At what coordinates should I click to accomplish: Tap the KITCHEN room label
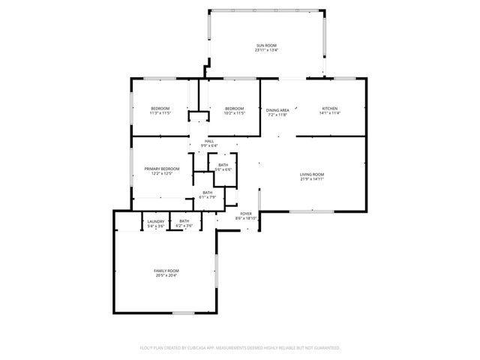tap(330, 109)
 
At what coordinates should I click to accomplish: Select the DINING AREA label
tap(277, 109)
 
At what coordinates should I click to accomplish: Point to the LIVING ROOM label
tap(312, 174)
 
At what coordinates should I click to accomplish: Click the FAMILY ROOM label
tap(166, 270)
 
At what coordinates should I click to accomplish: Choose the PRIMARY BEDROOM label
tap(159, 169)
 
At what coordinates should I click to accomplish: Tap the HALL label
tap(210, 141)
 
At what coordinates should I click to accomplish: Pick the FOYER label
tap(246, 214)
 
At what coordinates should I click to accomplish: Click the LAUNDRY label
tap(156, 221)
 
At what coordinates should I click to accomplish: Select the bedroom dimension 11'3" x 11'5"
tap(161, 114)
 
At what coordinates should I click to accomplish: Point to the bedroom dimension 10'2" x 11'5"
tap(235, 114)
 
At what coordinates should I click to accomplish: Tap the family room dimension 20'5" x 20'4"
tap(166, 275)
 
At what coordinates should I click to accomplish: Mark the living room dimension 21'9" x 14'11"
tap(312, 179)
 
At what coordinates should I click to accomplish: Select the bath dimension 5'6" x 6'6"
tap(223, 169)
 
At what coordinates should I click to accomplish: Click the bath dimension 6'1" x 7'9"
tap(208, 197)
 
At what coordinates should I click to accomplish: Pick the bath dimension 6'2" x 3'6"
tap(184, 226)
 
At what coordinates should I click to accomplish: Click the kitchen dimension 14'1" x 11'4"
tap(330, 114)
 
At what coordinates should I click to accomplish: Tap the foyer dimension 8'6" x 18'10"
tap(247, 219)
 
